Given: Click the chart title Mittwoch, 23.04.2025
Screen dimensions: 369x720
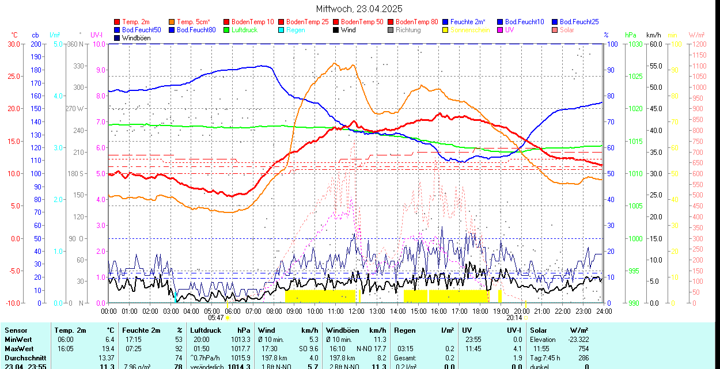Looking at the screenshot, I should point(359,9).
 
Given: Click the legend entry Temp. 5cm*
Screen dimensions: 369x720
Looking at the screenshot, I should point(193,22).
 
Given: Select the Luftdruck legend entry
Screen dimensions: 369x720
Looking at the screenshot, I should point(244,30).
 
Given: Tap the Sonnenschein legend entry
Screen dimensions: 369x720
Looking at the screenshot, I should point(470,30).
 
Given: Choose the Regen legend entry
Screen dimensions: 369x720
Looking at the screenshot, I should point(295,30).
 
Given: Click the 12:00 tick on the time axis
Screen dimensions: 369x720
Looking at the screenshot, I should point(357,311).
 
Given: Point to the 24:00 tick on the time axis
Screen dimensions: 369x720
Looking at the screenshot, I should point(603,311).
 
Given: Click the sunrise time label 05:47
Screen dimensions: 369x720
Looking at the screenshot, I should point(216,317).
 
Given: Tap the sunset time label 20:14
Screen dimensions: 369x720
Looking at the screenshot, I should point(514,317).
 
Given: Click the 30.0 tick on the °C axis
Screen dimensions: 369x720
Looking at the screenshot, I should point(14,44).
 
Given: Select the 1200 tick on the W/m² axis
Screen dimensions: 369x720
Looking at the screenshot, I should point(698,44).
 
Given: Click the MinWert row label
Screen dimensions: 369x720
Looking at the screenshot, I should point(18,340).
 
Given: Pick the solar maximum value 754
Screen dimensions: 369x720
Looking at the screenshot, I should point(583,349).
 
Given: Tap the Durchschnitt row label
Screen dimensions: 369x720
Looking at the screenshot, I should point(25,358).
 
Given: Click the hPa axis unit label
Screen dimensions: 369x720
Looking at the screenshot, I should point(630,35).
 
